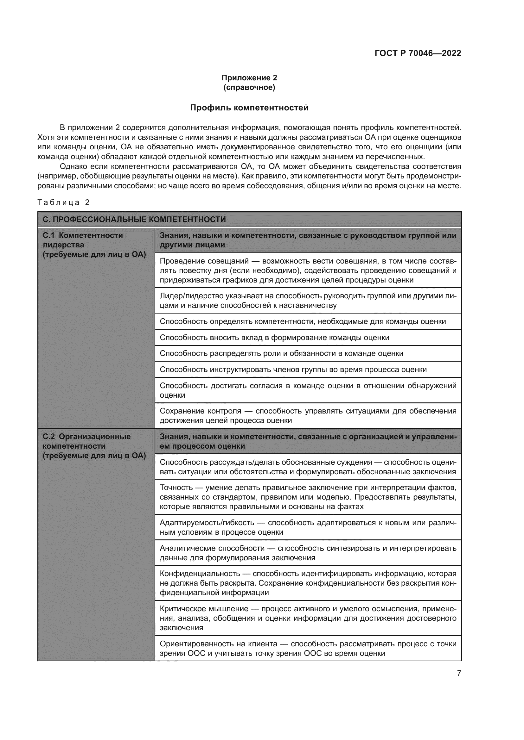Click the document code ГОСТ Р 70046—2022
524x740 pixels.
tap(418, 53)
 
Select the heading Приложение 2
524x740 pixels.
tap(249, 78)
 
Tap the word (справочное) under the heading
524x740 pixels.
tap(249, 87)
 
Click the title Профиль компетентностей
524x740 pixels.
tap(249, 108)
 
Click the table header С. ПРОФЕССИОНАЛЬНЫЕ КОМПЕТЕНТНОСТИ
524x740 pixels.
tap(134, 220)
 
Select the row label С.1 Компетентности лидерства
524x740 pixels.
tap(83, 240)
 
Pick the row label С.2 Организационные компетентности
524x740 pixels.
tap(86, 441)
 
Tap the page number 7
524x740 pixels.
tap(459, 673)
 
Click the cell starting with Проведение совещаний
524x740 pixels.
tap(308, 270)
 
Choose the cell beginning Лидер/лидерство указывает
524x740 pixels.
tap(308, 300)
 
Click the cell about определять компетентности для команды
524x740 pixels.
tap(303, 321)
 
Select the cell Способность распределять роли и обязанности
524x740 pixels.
tap(281, 353)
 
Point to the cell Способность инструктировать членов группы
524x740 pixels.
tap(293, 369)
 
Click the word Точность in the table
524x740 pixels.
tap(176, 488)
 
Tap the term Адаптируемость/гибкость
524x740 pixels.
tap(207, 522)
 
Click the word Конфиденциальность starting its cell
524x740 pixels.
tap(200, 573)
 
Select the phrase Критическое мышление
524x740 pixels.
tap(204, 608)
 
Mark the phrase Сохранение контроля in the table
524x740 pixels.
tap(200, 411)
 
